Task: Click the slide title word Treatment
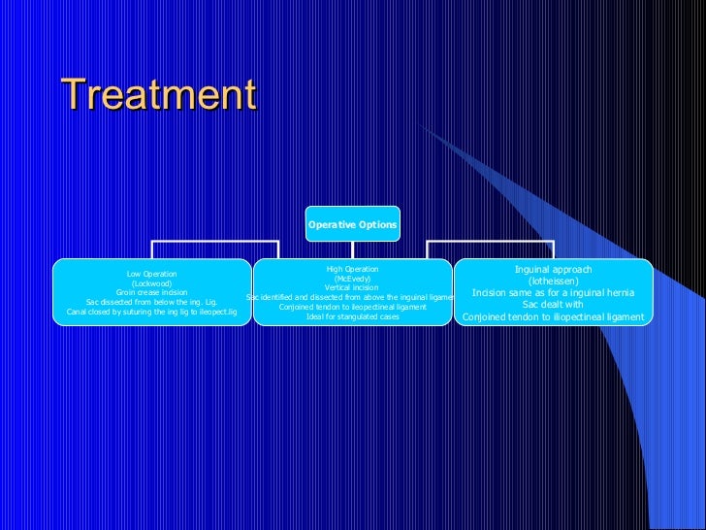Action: point(158,95)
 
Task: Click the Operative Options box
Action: point(352,224)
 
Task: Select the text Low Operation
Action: point(151,274)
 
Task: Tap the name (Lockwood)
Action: point(151,283)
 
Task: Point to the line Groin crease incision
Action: point(151,292)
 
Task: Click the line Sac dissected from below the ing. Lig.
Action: point(151,302)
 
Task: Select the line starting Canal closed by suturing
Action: point(151,312)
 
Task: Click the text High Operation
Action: point(352,269)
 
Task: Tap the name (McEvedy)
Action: point(352,279)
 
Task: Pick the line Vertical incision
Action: point(352,287)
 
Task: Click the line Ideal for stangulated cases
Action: point(352,316)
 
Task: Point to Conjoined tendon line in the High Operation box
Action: point(352,307)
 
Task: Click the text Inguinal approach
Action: point(553,269)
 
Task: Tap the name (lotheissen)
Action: point(553,281)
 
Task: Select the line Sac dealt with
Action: point(553,304)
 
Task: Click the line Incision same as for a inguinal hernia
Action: point(553,292)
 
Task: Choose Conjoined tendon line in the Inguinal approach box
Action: point(553,316)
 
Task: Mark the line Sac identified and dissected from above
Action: point(352,297)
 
